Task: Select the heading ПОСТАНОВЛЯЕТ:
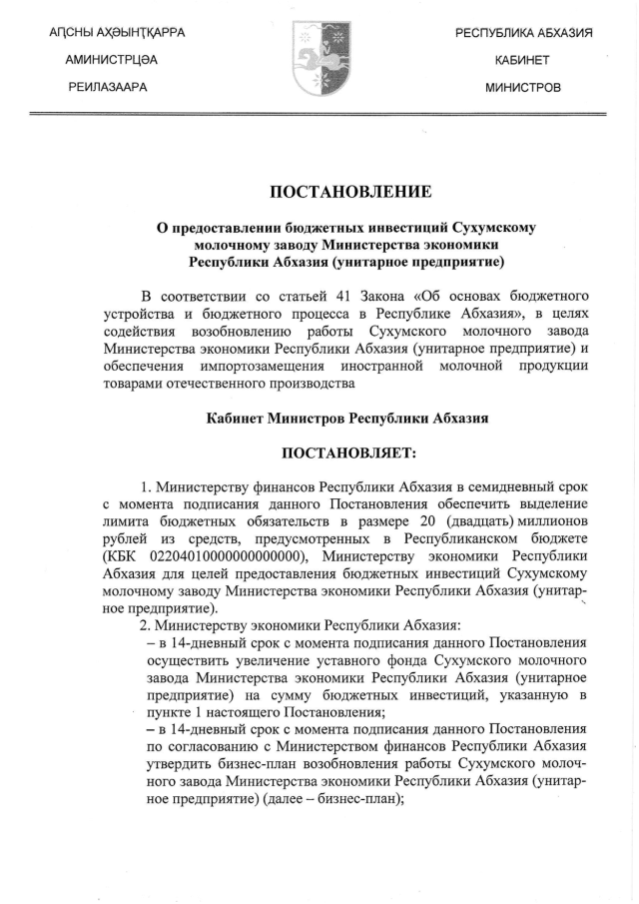click(347, 454)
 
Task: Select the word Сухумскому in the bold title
click(488, 228)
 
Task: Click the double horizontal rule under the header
click(319, 115)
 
